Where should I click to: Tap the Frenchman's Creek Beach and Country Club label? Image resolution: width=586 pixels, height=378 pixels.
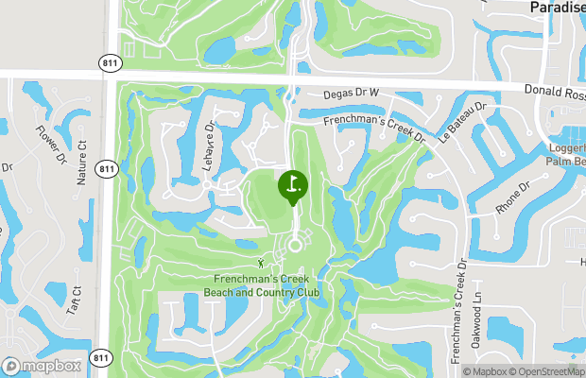(262, 285)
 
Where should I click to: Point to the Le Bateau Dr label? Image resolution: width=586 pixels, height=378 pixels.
(462, 122)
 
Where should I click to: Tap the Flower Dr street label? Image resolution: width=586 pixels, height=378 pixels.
(49, 144)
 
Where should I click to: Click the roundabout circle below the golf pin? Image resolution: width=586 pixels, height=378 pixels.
(294, 245)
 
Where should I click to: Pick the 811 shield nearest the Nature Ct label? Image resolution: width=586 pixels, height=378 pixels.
(106, 170)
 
